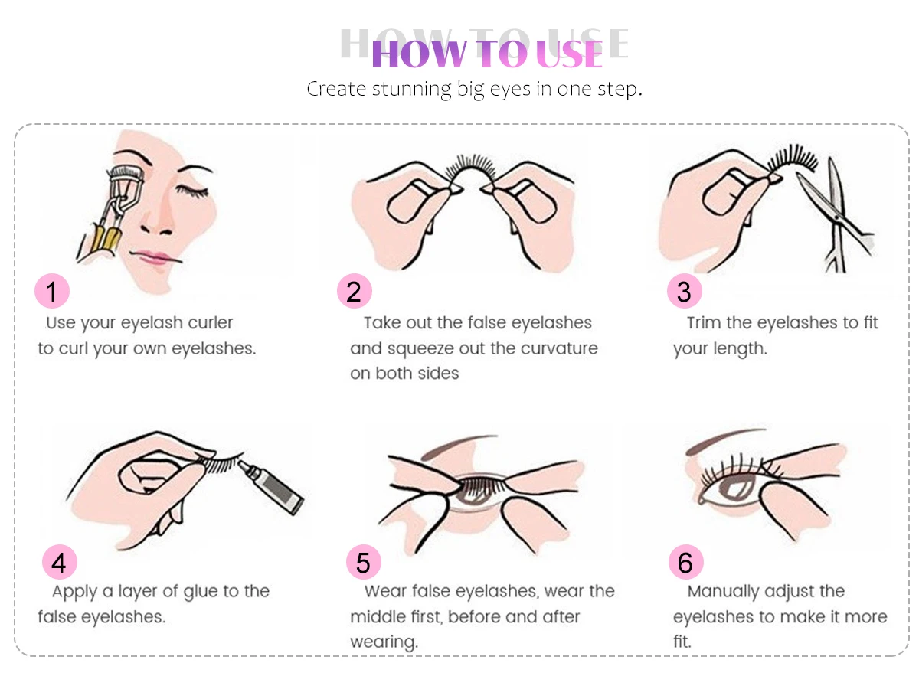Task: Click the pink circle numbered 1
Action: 52,291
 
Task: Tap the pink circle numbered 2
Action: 355,291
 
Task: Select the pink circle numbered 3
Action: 684,291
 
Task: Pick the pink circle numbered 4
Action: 60,562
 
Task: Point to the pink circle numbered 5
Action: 364,562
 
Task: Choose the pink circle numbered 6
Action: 685,562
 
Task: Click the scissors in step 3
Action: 836,218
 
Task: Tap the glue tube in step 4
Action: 271,487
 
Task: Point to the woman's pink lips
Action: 154,256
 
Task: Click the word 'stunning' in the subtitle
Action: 411,89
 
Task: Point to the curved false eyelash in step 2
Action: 472,168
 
